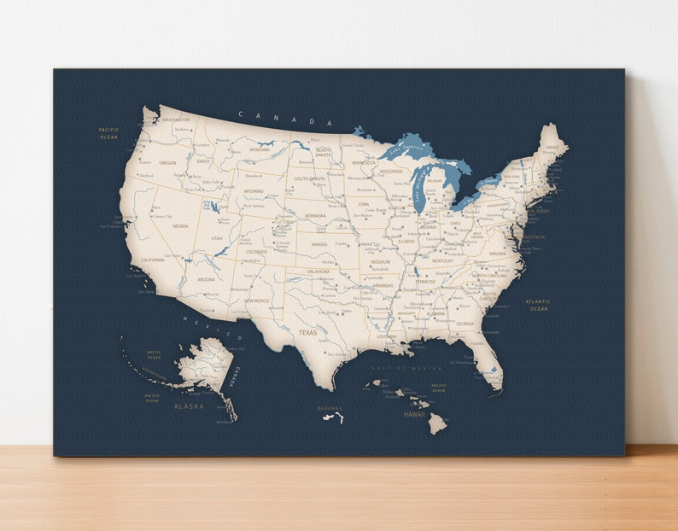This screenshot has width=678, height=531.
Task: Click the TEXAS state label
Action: click(x=307, y=332)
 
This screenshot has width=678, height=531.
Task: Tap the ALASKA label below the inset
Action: click(x=189, y=406)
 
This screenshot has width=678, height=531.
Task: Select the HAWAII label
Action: click(x=414, y=414)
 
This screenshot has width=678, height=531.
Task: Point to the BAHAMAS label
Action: click(x=329, y=408)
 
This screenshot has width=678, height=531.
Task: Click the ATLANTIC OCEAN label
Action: click(x=538, y=305)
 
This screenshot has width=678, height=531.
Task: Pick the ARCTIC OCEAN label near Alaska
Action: click(x=154, y=354)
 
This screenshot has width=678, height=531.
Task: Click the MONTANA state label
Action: click(x=260, y=149)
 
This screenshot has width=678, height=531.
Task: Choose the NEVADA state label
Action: click(x=180, y=226)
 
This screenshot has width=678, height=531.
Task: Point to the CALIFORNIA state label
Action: click(x=153, y=260)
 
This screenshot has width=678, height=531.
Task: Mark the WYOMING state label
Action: click(x=254, y=191)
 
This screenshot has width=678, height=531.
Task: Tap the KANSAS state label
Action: click(x=319, y=244)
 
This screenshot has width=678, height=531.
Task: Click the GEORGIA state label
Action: click(x=465, y=324)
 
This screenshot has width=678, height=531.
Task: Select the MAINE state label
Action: click(x=552, y=147)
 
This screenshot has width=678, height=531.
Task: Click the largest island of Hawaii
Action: click(x=437, y=423)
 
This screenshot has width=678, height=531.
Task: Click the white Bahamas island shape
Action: click(x=339, y=417)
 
